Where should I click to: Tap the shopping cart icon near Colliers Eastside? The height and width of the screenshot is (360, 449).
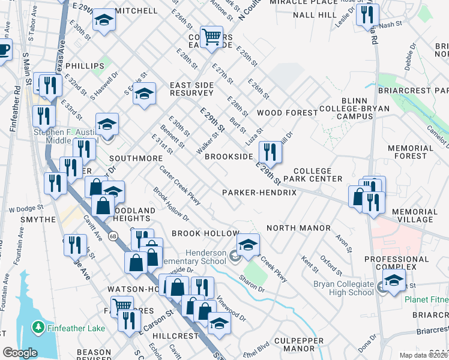(x=211, y=37)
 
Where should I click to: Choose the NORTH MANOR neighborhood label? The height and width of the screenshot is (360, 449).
(x=298, y=228)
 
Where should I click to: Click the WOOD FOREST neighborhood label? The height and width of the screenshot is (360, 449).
(x=287, y=113)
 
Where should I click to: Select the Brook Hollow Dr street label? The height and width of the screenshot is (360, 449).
(x=171, y=205)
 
